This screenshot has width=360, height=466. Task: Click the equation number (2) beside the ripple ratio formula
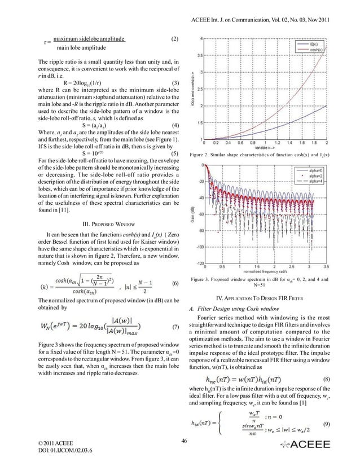(x=174, y=39)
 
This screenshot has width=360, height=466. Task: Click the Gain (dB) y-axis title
(x=190, y=213)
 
